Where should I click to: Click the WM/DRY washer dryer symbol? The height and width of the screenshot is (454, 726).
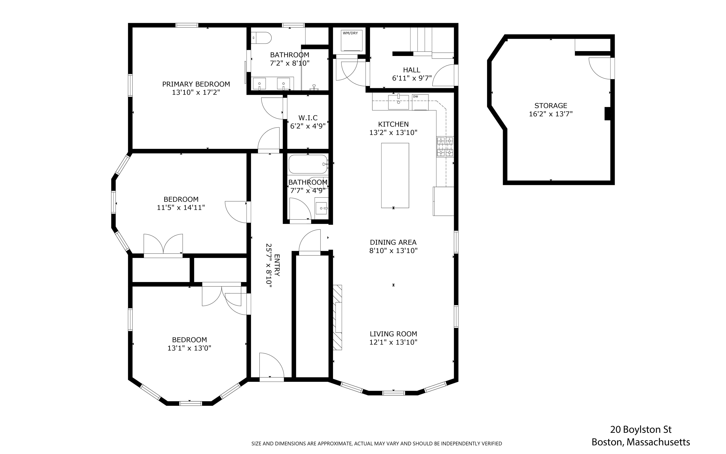[x=351, y=40]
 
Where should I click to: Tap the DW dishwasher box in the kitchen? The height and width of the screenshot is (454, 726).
[x=420, y=102]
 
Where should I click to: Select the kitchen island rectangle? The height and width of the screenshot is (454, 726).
[x=395, y=175]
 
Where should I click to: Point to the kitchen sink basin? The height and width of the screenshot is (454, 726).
[x=398, y=102]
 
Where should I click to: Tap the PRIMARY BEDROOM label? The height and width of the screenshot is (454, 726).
[x=196, y=84]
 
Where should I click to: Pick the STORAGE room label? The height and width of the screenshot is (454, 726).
[x=551, y=106]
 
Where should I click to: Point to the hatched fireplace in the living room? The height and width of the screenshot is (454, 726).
[x=337, y=317]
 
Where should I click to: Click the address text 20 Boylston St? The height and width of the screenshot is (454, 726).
[x=641, y=430]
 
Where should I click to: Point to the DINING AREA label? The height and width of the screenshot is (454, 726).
[x=393, y=242]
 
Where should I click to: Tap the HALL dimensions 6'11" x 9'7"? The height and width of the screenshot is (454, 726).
[x=412, y=78]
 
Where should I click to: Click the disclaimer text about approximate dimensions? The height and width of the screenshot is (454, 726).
[x=376, y=443]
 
